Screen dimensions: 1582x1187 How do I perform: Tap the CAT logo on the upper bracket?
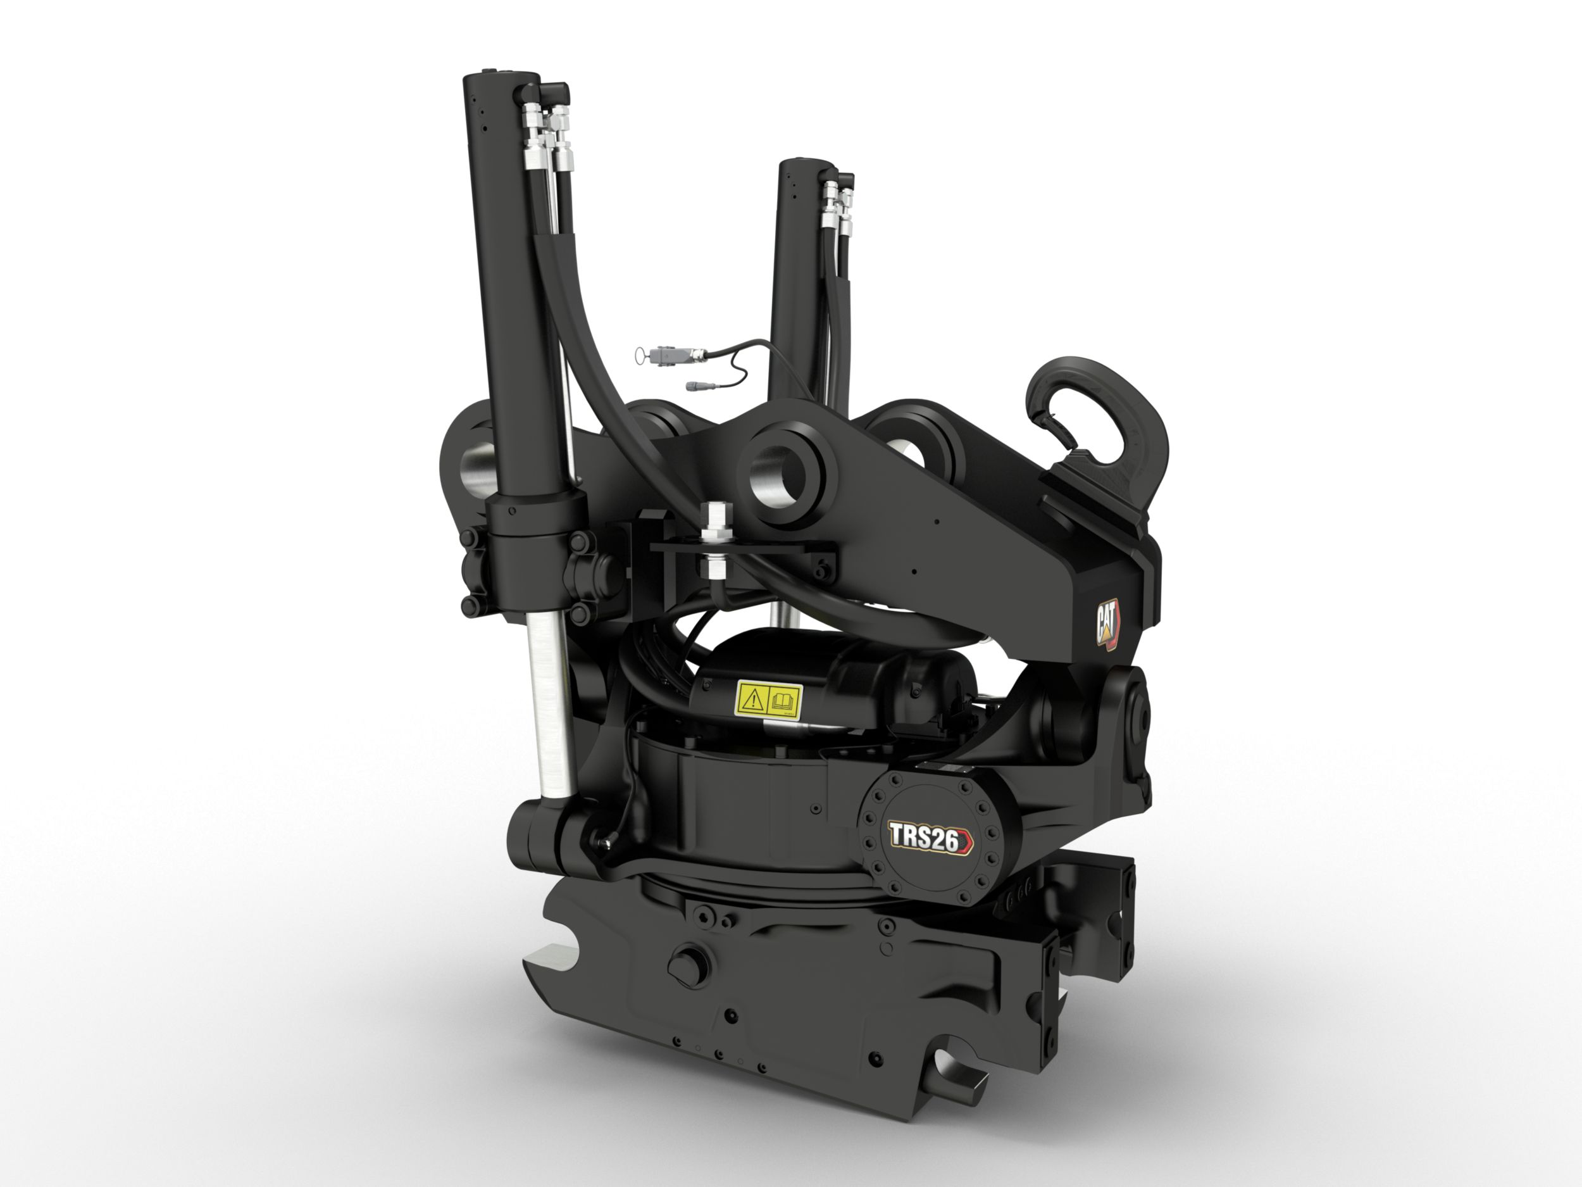(1107, 625)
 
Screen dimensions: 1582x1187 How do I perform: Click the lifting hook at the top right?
(1094, 422)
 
